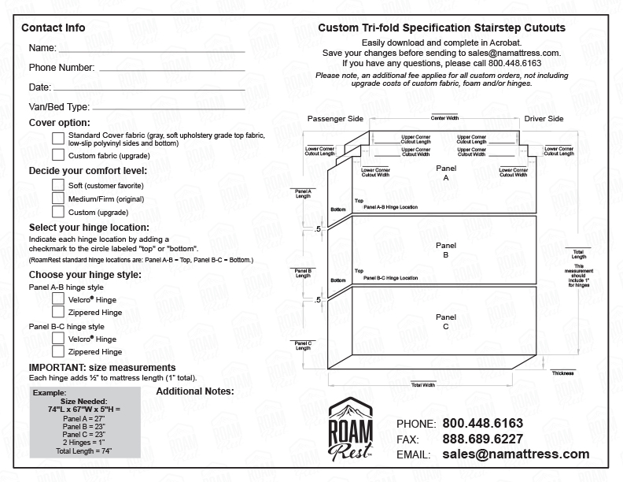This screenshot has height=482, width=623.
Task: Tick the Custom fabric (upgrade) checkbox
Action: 58,155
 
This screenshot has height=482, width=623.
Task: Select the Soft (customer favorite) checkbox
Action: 58,184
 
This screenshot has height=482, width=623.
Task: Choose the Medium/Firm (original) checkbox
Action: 58,198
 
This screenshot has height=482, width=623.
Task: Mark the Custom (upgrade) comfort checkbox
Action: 58,211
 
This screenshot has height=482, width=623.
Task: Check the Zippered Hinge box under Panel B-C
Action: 58,351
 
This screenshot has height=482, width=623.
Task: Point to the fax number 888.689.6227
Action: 483,439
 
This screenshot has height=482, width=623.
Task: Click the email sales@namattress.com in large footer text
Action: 515,454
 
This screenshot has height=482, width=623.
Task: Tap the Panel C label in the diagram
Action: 446,321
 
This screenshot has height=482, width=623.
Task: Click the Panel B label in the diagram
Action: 446,250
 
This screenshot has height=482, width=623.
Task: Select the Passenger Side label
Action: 335,119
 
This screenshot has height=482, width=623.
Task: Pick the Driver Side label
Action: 544,119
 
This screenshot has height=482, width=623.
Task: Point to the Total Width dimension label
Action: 423,385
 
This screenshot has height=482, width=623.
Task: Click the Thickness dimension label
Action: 562,373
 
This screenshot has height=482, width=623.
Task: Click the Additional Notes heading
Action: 195,391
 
